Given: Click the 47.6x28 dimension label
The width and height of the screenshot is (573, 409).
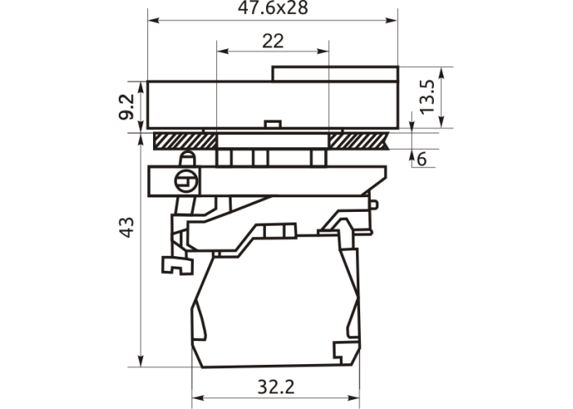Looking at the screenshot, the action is coord(273,7).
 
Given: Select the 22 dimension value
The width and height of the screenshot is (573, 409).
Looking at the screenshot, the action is coord(273,41).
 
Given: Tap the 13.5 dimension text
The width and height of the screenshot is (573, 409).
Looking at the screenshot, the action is coord(426,97).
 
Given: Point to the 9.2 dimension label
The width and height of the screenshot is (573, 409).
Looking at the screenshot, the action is coord(126,107).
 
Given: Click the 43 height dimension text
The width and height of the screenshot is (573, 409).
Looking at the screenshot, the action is coord(127,227).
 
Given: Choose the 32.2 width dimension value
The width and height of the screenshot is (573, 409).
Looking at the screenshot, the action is coord(276,387).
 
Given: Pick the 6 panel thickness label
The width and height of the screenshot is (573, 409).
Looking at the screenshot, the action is coord(422,160).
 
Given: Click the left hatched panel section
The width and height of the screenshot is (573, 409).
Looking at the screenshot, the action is coord(185,141).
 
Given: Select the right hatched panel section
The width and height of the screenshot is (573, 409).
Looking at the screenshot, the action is coord(359,141).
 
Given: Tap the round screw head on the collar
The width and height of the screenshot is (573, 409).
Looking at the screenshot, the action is coord(186,181).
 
